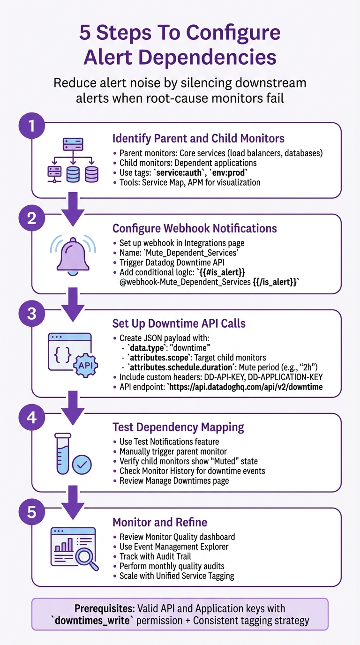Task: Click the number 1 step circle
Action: (31, 126)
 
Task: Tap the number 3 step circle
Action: (31, 313)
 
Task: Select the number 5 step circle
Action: (31, 512)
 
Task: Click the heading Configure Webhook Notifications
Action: (195, 228)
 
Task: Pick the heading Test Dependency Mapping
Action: (178, 427)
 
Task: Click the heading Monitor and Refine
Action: (159, 522)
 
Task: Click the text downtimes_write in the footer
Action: (87, 621)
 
